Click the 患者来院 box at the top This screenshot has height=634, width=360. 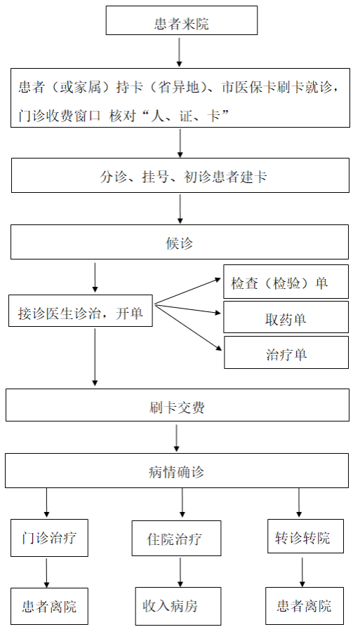click(182, 20)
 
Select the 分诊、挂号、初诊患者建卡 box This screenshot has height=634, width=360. click(180, 175)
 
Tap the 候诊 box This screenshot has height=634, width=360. click(180, 242)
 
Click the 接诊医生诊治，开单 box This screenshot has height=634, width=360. click(81, 311)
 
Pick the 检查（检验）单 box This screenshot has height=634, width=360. click(286, 281)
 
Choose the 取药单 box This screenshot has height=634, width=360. click(286, 317)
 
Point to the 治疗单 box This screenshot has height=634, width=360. click(286, 352)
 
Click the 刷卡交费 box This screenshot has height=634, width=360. click(177, 405)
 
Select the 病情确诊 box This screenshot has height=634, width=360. click(177, 471)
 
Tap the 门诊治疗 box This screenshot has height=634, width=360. click(49, 538)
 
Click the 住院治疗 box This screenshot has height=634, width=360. click(176, 538)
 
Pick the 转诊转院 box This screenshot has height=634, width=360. click(305, 536)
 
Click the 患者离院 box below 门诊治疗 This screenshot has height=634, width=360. click(49, 606)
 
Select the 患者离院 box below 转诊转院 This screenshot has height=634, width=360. click(305, 606)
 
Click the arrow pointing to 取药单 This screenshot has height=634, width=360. click(187, 309)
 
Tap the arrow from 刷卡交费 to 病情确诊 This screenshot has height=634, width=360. click(176, 438)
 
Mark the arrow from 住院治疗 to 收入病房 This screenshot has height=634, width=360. click(180, 572)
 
